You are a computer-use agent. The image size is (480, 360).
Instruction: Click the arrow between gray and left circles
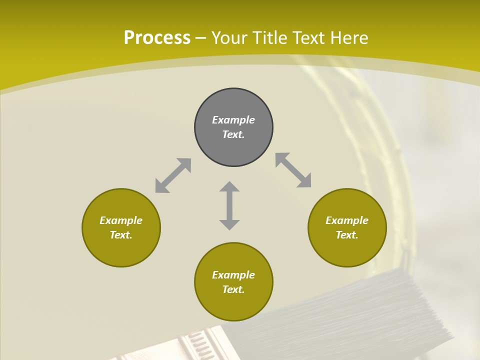point(173,175)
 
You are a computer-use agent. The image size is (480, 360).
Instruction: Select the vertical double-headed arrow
point(229,205)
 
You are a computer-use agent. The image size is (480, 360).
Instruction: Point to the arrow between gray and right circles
point(293,170)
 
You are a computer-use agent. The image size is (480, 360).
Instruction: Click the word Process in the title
point(157,38)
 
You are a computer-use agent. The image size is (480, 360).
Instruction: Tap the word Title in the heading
point(270,38)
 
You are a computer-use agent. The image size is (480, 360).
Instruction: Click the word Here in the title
point(349,38)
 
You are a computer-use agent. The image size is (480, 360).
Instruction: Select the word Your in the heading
point(228,38)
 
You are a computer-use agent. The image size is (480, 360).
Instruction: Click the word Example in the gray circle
point(233,120)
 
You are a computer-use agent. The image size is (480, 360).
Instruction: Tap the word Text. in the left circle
point(121,235)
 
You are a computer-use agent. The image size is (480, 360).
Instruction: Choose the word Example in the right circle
point(347,220)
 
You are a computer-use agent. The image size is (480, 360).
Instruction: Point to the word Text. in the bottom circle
point(233,289)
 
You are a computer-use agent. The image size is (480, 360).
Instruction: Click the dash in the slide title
point(200,38)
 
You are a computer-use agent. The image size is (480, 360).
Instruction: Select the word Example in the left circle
point(121,220)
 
